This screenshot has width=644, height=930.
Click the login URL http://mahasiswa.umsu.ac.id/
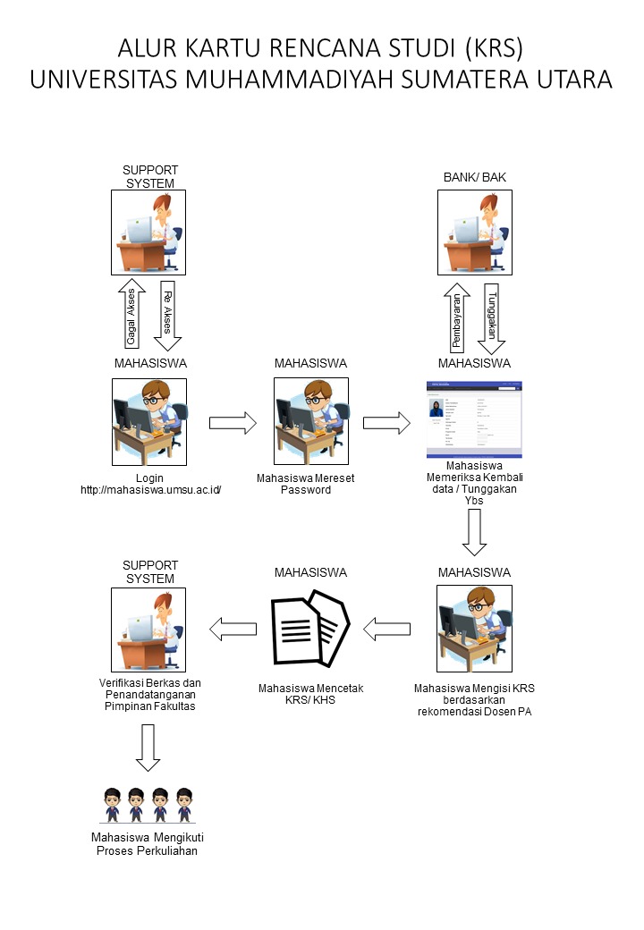pyautogui.click(x=150, y=490)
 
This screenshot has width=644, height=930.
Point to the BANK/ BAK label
pyautogui.click(x=475, y=177)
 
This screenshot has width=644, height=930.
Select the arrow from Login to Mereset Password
pyautogui.click(x=233, y=423)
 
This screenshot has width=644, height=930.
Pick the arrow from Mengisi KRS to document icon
pyautogui.click(x=386, y=630)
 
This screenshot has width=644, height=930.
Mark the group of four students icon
pyautogui.click(x=147, y=805)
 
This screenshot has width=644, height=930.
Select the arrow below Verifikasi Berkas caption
pyautogui.click(x=148, y=748)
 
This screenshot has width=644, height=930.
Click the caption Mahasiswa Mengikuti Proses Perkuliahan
pyautogui.click(x=147, y=844)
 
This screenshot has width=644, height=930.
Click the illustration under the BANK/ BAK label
pyautogui.click(x=475, y=231)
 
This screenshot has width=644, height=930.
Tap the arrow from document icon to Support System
pyautogui.click(x=233, y=630)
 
